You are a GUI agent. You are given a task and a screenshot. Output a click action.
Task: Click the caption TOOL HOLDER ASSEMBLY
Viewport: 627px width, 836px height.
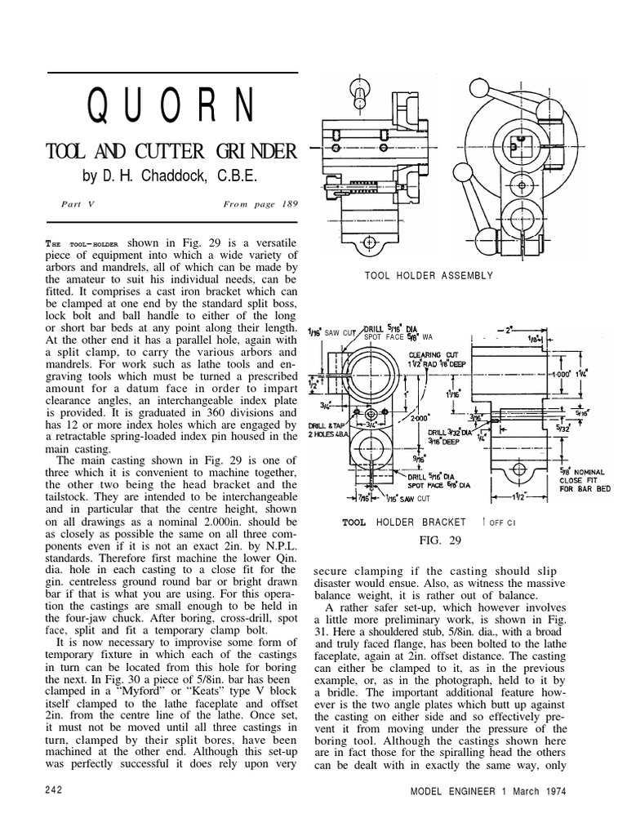tap(429, 276)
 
